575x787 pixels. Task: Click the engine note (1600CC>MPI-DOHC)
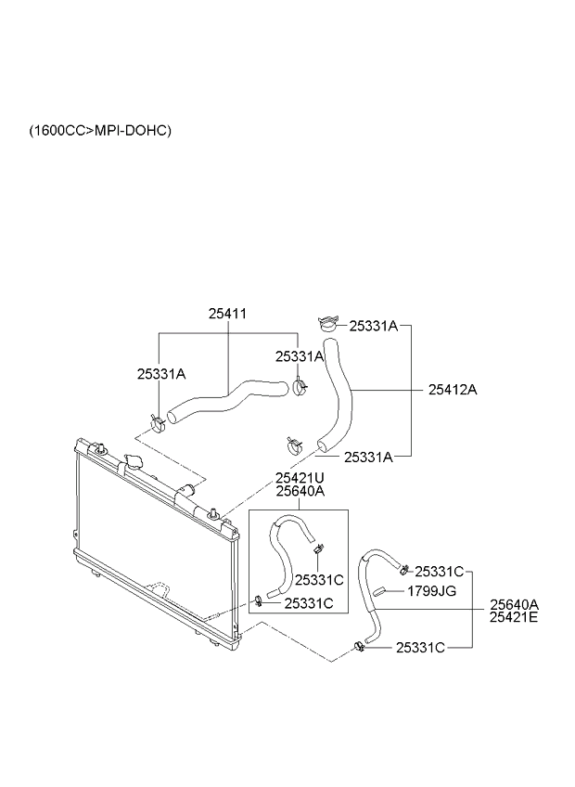tap(100, 131)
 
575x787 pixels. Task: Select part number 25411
tap(227, 315)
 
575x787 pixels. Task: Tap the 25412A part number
tap(453, 390)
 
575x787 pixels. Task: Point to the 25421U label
tap(300, 478)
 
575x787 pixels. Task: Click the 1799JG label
tap(432, 590)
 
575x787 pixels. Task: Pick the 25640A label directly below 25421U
tap(300, 491)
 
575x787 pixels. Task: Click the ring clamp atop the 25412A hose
tap(326, 325)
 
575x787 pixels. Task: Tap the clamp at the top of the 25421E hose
tap(403, 569)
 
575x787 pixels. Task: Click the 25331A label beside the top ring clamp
tap(373, 326)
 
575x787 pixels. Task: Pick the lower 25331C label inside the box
tap(308, 603)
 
